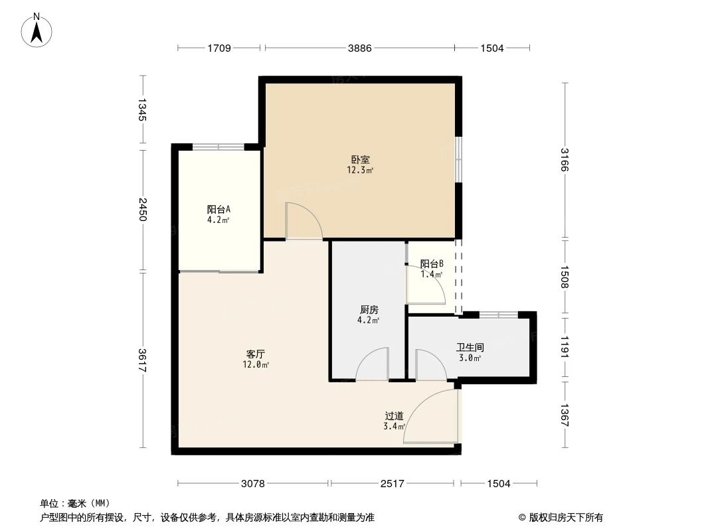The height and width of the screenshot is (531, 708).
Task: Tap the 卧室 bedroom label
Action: pos(360,160)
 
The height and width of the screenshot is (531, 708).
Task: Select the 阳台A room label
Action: pos(219,210)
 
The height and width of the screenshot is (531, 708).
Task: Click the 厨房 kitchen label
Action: pos(369,310)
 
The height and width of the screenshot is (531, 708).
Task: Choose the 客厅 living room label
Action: pos(256,354)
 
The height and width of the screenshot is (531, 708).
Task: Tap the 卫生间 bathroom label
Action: pos(469,347)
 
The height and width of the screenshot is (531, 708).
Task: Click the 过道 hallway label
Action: pos(394,416)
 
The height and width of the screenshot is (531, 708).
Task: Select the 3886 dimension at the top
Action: pos(359,48)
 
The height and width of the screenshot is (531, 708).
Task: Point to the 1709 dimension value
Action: pos(219,48)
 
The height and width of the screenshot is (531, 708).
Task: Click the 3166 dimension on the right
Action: pos(564,160)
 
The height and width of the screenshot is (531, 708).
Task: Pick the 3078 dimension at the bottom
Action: pos(253,484)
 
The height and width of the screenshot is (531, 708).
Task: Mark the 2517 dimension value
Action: pos(393,484)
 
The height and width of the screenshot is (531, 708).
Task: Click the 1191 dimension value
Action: pos(564,347)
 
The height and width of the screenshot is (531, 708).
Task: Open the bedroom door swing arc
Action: pos(302,220)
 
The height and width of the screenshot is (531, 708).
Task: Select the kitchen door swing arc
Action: pos(373,364)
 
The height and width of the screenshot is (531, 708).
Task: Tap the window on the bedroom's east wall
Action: pos(458,159)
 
